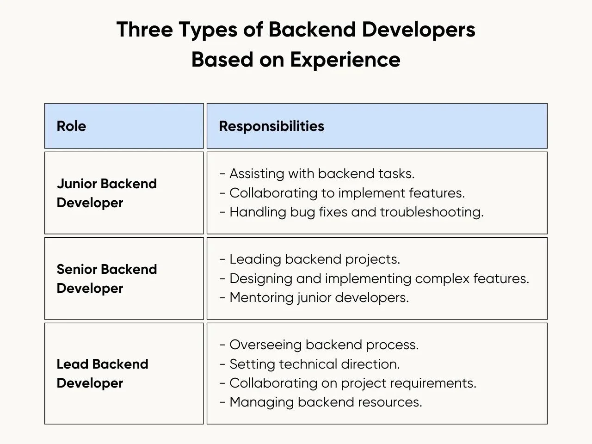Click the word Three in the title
point(145,29)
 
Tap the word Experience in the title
point(345,60)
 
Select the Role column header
point(72,126)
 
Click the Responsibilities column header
point(271,126)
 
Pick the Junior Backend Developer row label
point(107,193)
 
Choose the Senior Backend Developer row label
point(107,279)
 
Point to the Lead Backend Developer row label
point(103,374)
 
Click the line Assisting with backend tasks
point(317,173)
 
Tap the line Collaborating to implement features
point(343,193)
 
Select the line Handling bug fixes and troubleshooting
point(352,212)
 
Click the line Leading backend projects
point(310,259)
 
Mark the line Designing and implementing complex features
point(375,279)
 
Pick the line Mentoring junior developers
point(314,298)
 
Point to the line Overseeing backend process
point(319,345)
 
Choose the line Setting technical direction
point(310,364)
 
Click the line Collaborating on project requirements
point(348,383)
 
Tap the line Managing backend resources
point(321,402)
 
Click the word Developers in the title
point(419,30)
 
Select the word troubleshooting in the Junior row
point(432,212)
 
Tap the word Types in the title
point(208,30)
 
